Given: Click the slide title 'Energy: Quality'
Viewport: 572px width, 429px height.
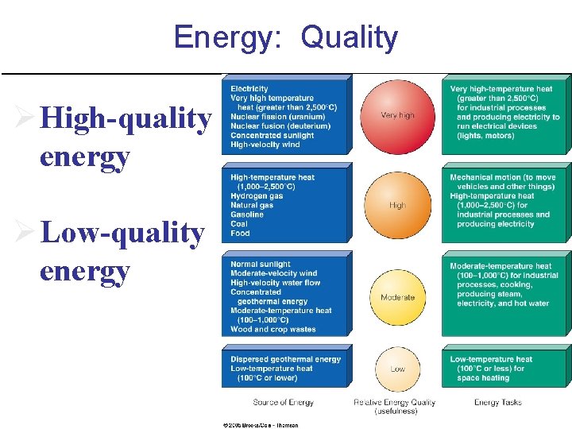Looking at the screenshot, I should pos(285,37).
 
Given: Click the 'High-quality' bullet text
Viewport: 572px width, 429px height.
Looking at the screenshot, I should pos(126,119).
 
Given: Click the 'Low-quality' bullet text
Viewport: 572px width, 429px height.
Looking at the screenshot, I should pos(122,234).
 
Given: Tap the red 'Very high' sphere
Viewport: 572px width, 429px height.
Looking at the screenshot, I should pos(397,115).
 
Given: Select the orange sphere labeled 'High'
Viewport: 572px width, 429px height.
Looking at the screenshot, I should pos(397,205).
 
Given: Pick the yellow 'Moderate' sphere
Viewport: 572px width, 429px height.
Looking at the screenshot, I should pos(397,297).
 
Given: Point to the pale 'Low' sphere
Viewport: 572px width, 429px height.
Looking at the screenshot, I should pos(397,369).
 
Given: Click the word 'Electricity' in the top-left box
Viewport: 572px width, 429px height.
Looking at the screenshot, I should pos(249,88).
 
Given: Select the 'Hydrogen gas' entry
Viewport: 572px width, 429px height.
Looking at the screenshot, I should pos(257,196).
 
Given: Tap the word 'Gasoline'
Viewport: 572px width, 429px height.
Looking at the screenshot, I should pos(247,214).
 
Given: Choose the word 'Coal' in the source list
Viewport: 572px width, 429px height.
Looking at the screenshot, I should pos(239,224).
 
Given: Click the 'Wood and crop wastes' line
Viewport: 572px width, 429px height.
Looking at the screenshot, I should pos(272,329).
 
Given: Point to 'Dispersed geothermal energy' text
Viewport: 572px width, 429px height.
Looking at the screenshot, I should pos(285,359).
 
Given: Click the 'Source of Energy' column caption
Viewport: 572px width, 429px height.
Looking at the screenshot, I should pos(283,403).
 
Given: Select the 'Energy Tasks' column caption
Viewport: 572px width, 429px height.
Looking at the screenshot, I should pos(498,403).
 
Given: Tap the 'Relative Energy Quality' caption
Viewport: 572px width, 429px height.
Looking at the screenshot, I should pos(394,403).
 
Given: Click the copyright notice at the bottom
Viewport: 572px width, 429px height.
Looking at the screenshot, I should pos(260,425).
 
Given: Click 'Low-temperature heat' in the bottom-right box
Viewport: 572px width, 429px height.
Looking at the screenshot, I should pos(491,359).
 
